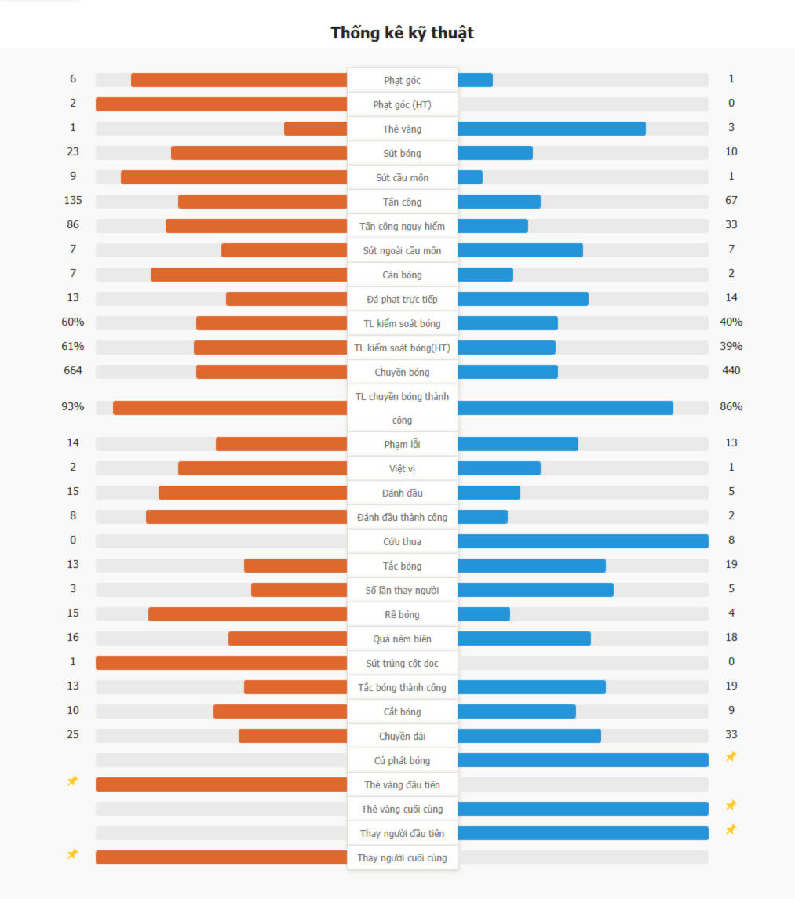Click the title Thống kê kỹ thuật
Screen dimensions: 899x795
click(x=402, y=33)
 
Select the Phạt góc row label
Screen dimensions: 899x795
click(x=402, y=80)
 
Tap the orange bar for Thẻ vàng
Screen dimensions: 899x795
click(x=315, y=129)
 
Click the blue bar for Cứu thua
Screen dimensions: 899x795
click(x=582, y=541)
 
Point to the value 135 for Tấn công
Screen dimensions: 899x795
click(x=73, y=200)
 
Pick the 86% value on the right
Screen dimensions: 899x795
click(x=731, y=406)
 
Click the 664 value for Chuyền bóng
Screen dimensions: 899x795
click(x=73, y=370)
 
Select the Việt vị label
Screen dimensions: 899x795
click(x=402, y=468)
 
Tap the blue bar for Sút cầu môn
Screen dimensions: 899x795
click(x=469, y=177)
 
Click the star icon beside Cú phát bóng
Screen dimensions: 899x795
click(x=731, y=757)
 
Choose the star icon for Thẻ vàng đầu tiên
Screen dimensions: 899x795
click(x=72, y=781)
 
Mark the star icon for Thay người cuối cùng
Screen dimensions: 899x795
click(x=72, y=854)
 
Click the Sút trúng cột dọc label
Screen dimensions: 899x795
click(x=402, y=663)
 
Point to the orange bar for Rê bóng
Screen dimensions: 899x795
click(x=247, y=614)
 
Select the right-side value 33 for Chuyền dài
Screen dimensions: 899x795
click(x=731, y=734)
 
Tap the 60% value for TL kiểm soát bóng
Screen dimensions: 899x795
click(x=73, y=322)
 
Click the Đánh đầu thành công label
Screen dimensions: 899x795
click(x=402, y=517)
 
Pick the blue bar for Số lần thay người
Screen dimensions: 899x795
click(x=535, y=590)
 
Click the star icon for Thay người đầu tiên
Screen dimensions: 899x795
click(x=731, y=830)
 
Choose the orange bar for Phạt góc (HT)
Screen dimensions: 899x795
click(x=221, y=104)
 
